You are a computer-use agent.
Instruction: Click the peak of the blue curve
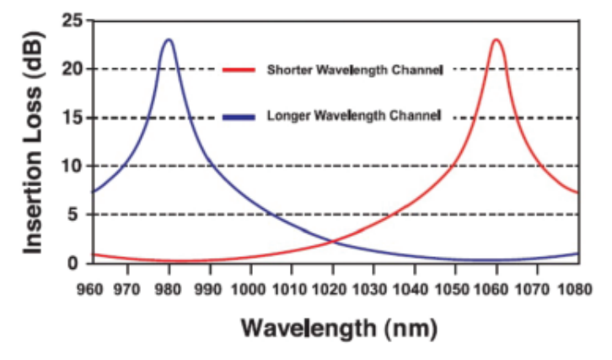tap(169, 40)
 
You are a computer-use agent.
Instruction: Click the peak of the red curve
tap(497, 40)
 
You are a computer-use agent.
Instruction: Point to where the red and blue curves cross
tap(332, 242)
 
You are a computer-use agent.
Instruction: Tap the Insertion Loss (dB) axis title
tap(33, 142)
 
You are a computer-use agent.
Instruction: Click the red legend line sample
tap(239, 69)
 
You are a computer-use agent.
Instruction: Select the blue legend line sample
tap(239, 117)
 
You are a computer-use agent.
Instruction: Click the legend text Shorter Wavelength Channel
tap(354, 69)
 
